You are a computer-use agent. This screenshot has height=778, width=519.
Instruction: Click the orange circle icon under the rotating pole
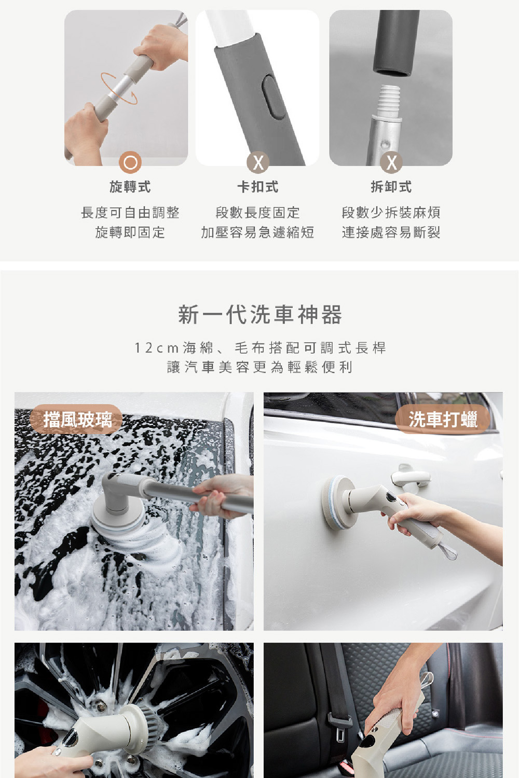click(130, 162)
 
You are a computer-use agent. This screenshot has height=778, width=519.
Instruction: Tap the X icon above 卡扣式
click(258, 162)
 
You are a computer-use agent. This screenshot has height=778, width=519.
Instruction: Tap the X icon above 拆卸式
click(391, 162)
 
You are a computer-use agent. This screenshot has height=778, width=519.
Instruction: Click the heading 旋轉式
click(130, 187)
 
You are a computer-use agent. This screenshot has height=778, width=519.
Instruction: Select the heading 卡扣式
click(257, 187)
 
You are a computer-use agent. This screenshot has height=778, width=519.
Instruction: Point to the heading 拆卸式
click(391, 187)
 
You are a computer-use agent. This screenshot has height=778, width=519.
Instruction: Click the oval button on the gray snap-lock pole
click(272, 97)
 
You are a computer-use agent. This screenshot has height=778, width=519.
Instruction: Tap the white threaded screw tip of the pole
click(389, 100)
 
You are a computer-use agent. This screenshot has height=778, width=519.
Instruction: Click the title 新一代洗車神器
click(260, 314)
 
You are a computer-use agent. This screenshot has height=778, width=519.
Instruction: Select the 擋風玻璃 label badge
click(77, 419)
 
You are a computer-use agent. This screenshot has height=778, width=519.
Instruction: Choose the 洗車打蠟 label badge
click(443, 419)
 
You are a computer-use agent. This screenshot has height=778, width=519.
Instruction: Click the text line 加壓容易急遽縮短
click(257, 232)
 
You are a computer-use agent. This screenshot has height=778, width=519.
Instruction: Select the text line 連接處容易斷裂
click(391, 232)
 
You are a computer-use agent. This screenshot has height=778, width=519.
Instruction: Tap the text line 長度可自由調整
click(130, 212)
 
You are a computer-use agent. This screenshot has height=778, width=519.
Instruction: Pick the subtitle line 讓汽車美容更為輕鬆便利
click(260, 367)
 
